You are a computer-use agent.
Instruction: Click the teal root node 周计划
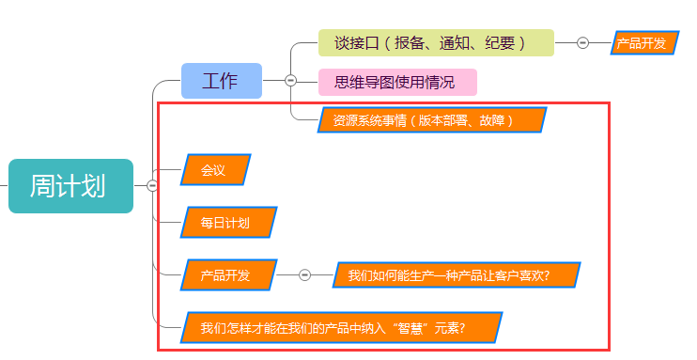coord(70,186)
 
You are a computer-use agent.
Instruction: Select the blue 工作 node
coord(221,81)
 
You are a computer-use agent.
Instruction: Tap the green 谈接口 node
coord(436,42)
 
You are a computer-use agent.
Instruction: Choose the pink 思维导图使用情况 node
coord(398,82)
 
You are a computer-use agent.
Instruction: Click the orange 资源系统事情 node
coord(431,120)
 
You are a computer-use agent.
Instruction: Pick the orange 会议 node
coord(215,170)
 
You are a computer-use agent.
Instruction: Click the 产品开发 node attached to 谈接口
coord(643,43)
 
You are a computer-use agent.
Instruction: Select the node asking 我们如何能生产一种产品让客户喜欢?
coord(455,275)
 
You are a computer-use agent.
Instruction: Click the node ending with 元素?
coord(342,328)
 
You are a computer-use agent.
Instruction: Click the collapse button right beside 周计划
coord(151,186)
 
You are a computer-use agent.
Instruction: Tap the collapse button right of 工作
coord(290,81)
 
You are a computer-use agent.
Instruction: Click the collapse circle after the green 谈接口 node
coord(582,42)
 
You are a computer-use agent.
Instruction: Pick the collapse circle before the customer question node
coord(304,275)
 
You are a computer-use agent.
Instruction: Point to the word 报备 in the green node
coord(410,42)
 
